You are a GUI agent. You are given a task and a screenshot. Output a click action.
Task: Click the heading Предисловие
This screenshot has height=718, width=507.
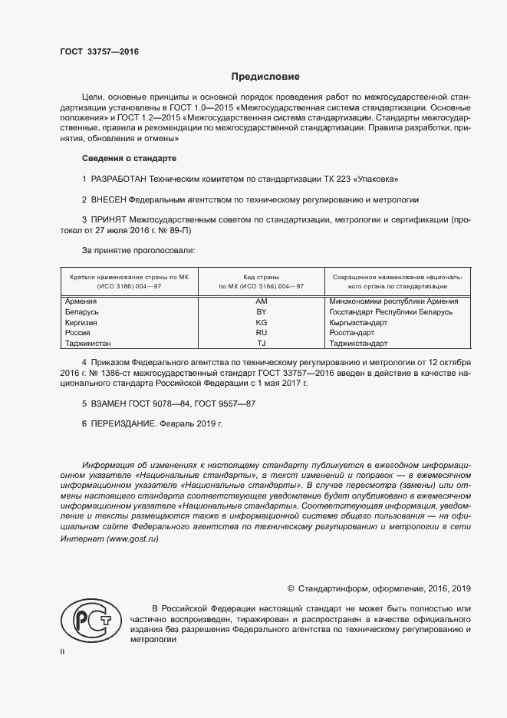click(x=265, y=77)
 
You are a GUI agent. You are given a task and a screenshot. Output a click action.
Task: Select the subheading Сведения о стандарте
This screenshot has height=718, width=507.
click(x=129, y=158)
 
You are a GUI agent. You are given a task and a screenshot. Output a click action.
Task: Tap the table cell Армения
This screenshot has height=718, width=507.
click(x=81, y=301)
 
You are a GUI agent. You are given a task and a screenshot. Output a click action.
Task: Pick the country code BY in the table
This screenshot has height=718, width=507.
click(x=261, y=312)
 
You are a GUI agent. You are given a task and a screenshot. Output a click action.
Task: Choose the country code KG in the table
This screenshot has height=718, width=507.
click(x=261, y=323)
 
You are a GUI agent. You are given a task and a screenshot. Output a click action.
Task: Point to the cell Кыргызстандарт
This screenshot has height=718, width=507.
click(x=357, y=323)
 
